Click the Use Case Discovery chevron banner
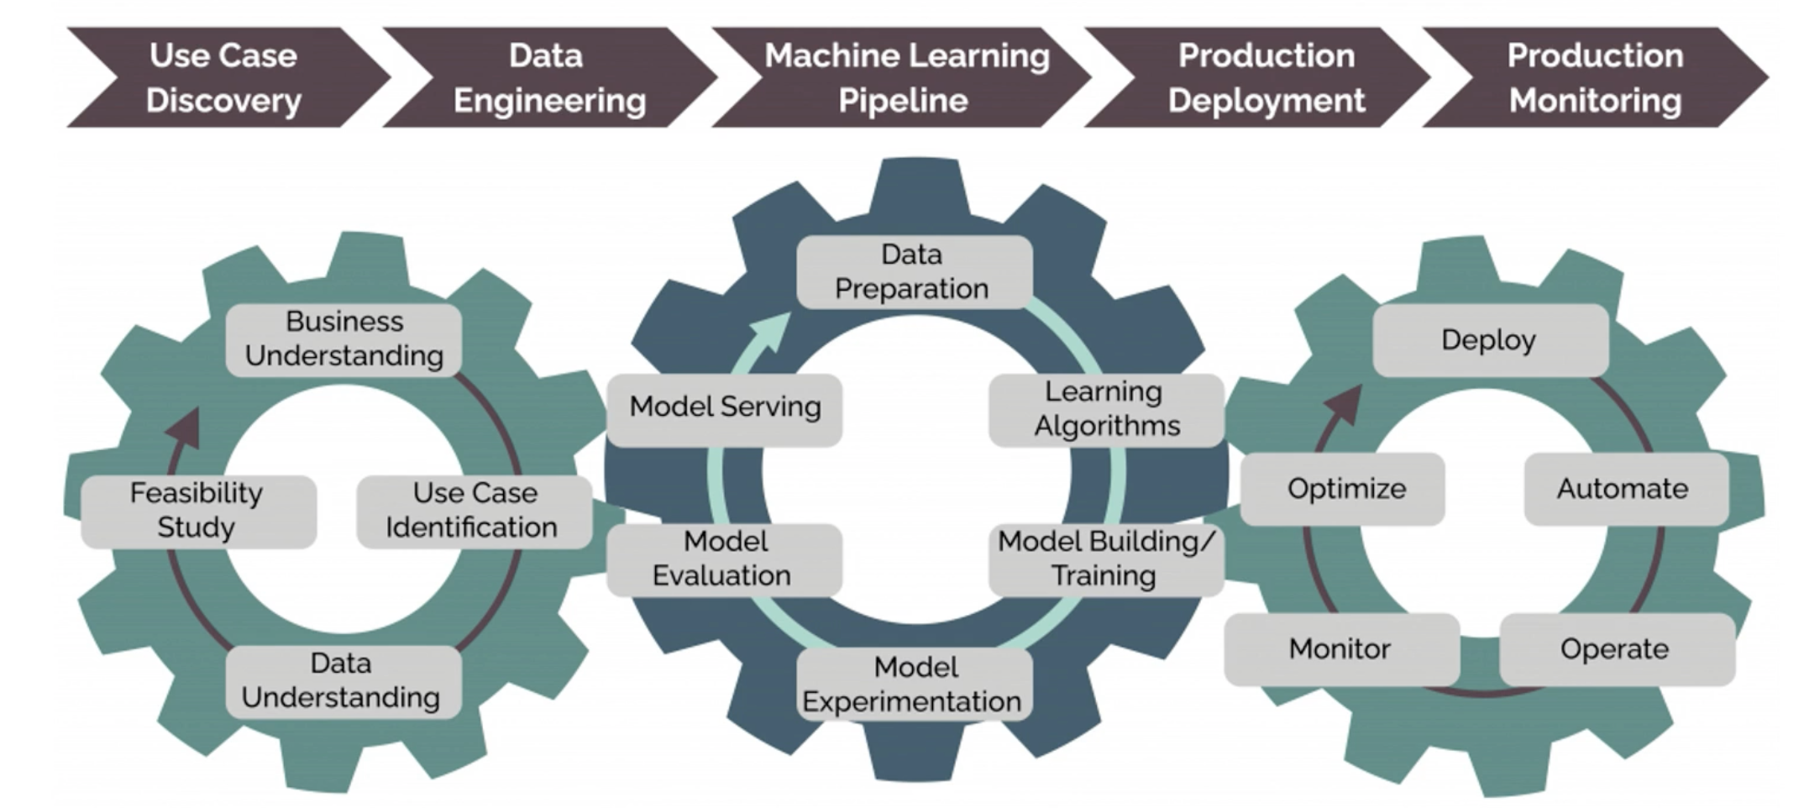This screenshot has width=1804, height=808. [x=223, y=77]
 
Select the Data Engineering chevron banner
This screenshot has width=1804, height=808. [x=549, y=77]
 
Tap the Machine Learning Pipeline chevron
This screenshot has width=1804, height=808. [x=905, y=77]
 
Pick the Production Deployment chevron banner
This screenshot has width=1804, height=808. [x=1265, y=77]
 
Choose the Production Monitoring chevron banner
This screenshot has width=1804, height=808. [x=1594, y=77]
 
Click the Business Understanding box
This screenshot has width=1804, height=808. [x=343, y=339]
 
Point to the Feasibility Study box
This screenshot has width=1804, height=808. [x=198, y=511]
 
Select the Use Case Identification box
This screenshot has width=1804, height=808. [x=473, y=511]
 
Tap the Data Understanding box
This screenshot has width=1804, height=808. [x=343, y=681]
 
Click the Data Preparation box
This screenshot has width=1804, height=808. [x=913, y=271]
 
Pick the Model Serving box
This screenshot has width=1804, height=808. [x=724, y=408]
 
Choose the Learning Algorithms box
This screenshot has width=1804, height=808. [x=1105, y=409]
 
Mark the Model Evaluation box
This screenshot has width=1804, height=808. [x=723, y=559]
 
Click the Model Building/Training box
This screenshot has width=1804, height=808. [x=1105, y=559]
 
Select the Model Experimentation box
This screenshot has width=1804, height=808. [x=914, y=685]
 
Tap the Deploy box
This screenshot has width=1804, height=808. [x=1489, y=340]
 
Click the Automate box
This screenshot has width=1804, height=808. [x=1624, y=489]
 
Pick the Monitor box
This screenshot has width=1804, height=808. [x=1340, y=649]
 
